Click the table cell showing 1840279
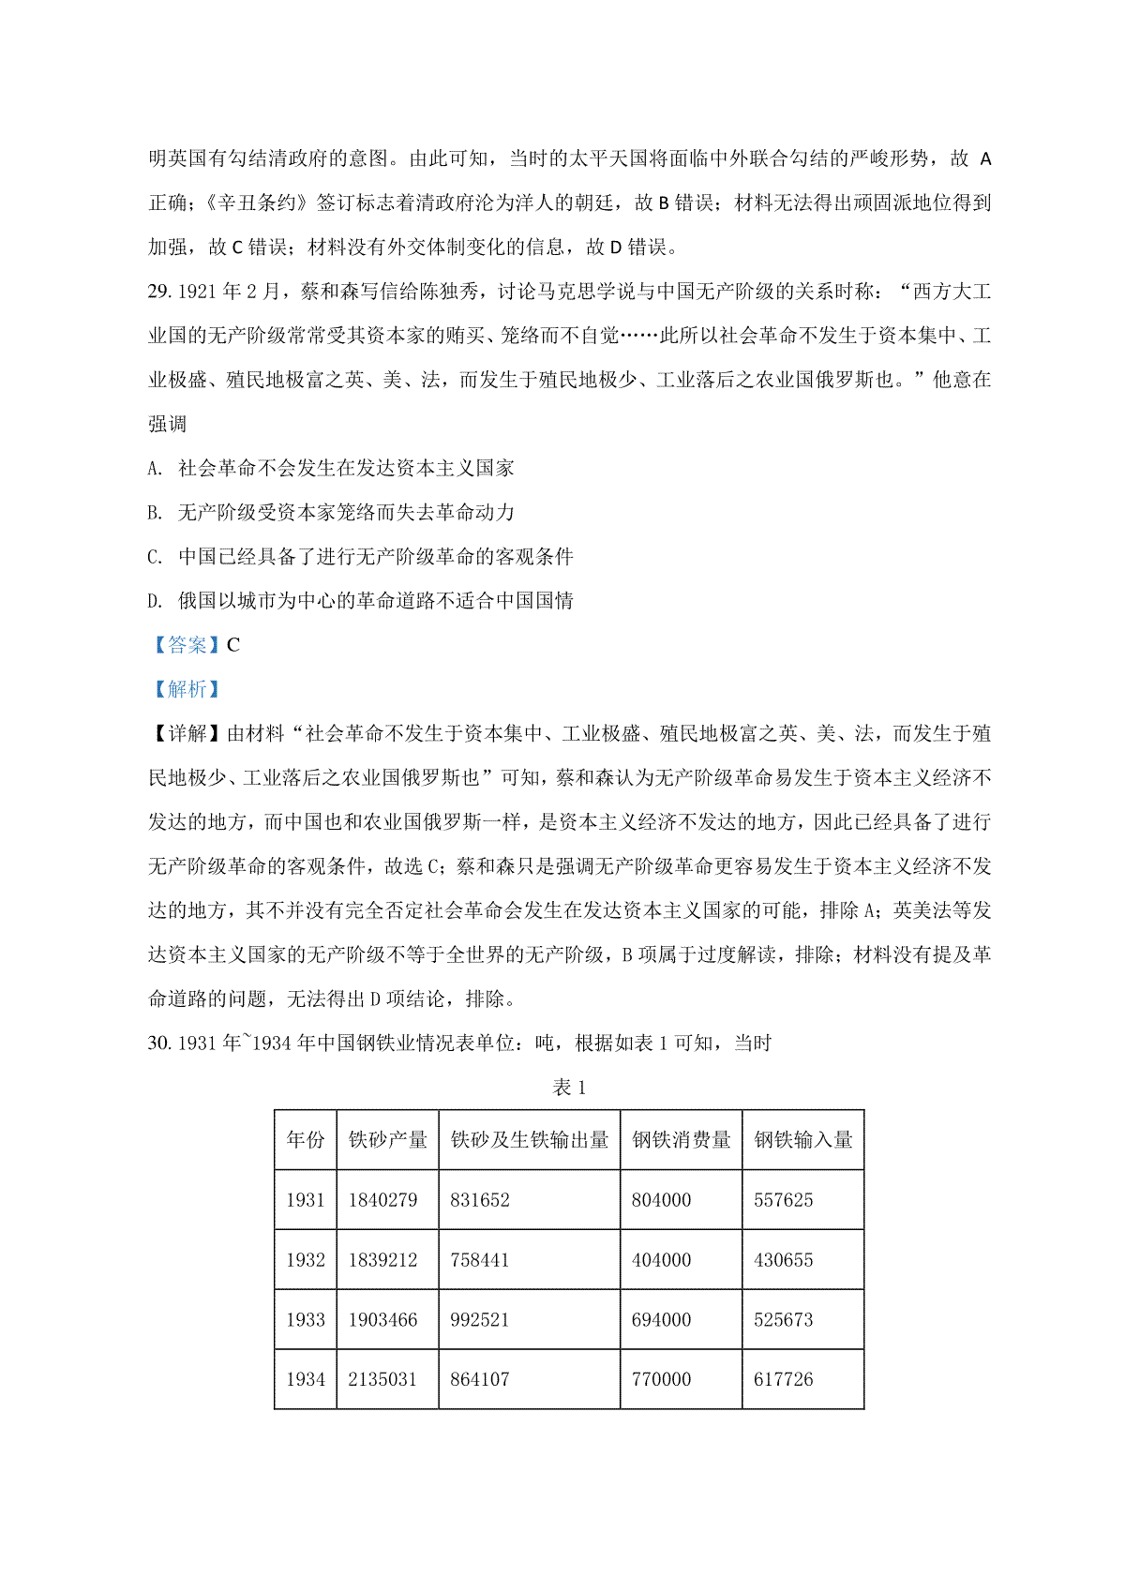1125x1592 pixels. point(382,1200)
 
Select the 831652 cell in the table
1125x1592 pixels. point(480,1200)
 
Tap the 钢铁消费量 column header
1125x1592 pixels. point(681,1140)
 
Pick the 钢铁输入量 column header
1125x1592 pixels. point(802,1140)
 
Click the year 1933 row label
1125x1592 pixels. point(306,1320)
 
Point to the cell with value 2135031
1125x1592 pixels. point(382,1380)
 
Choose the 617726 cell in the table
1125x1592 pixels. point(784,1380)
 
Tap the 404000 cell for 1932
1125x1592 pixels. point(661,1260)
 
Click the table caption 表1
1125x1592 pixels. point(569,1088)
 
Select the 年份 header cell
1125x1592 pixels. point(306,1140)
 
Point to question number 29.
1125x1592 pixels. point(160,293)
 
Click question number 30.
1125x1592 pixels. point(160,1044)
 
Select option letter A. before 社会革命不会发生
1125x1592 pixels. point(155,469)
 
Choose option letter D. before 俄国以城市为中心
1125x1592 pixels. point(155,601)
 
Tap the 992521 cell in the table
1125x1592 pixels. point(480,1320)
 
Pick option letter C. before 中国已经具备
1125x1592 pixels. point(155,557)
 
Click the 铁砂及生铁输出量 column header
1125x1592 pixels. point(529,1140)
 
